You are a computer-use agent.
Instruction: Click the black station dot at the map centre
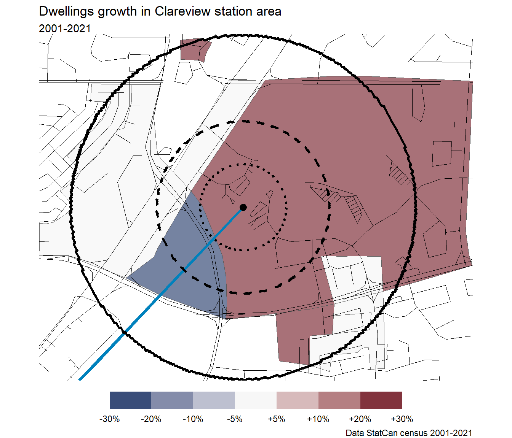[243, 207]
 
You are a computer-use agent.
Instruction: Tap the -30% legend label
[109, 419]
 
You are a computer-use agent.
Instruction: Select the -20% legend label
[151, 419]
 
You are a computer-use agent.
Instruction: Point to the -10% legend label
[193, 419]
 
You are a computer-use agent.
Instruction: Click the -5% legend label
[235, 419]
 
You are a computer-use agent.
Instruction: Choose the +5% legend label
[276, 419]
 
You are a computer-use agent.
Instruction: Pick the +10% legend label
[318, 419]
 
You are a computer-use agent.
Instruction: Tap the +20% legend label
[360, 419]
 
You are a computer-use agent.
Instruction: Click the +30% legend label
[402, 419]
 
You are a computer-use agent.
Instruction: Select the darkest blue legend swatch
[130, 400]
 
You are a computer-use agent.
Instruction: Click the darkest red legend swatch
[381, 400]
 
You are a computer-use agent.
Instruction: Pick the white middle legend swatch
[256, 400]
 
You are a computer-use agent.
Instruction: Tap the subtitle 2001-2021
[65, 29]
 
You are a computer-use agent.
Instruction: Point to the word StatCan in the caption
[381, 433]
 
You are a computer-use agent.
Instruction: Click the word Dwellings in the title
[67, 11]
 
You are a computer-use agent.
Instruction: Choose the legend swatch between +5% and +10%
[297, 400]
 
